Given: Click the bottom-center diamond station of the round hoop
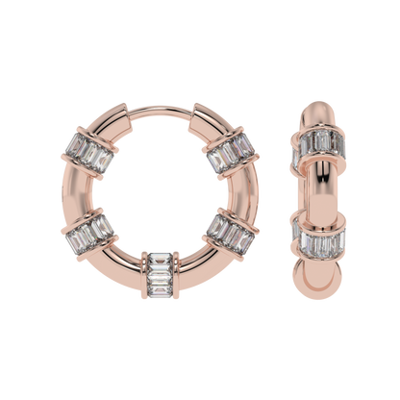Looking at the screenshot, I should click(x=162, y=275).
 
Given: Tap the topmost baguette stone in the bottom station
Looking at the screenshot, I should click(x=162, y=256).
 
